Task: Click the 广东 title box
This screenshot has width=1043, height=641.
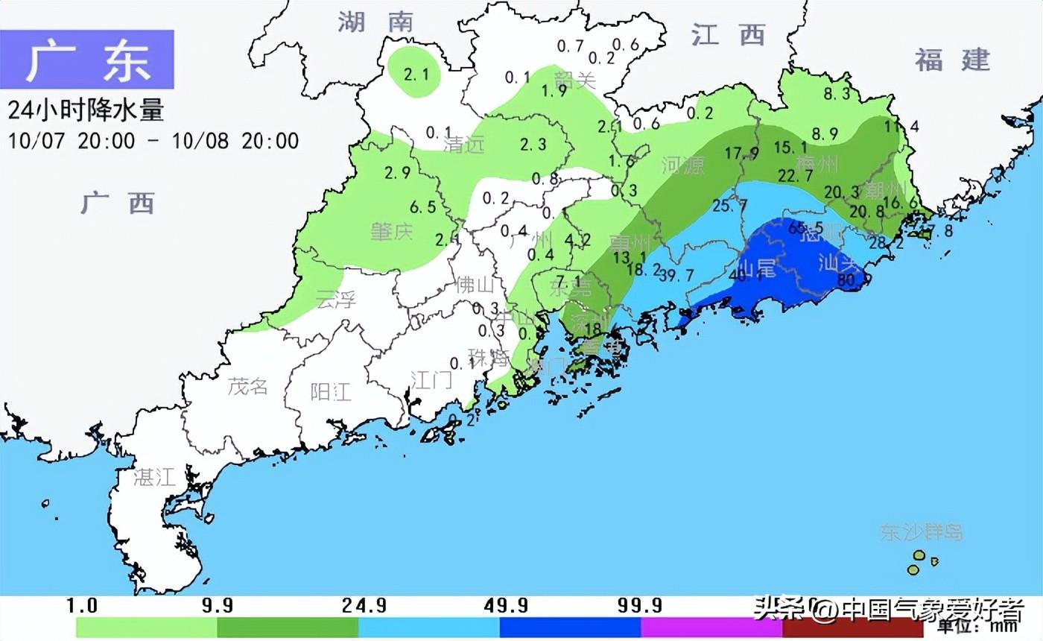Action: (87, 60)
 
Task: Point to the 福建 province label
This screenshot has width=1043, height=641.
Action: (953, 59)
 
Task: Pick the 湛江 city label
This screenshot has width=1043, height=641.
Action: (155, 477)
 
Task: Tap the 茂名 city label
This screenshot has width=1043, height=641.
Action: (247, 386)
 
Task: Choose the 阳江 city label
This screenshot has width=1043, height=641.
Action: (331, 391)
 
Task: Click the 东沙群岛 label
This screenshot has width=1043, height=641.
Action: (922, 532)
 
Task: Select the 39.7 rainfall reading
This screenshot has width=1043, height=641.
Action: (676, 275)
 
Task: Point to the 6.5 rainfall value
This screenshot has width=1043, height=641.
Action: (422, 206)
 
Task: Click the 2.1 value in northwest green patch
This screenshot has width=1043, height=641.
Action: (416, 74)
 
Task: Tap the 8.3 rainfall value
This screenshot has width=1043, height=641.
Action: (837, 94)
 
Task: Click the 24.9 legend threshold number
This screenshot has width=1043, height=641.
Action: (364, 605)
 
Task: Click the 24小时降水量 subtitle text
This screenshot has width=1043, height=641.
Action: (86, 110)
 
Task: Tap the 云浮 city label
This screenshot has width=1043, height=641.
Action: (336, 300)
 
